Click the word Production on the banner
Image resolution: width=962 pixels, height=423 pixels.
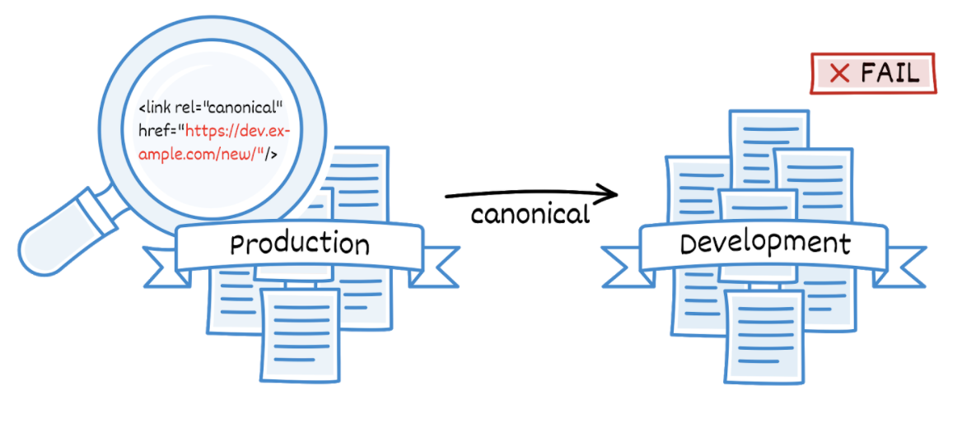point(300,244)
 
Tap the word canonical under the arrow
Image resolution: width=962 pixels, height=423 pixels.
point(530,215)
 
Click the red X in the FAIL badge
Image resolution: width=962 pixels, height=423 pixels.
point(839,74)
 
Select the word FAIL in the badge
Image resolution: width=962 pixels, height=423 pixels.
point(890,73)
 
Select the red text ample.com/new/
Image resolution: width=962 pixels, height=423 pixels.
point(197,153)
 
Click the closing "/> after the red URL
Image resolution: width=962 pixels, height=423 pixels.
point(268,153)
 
